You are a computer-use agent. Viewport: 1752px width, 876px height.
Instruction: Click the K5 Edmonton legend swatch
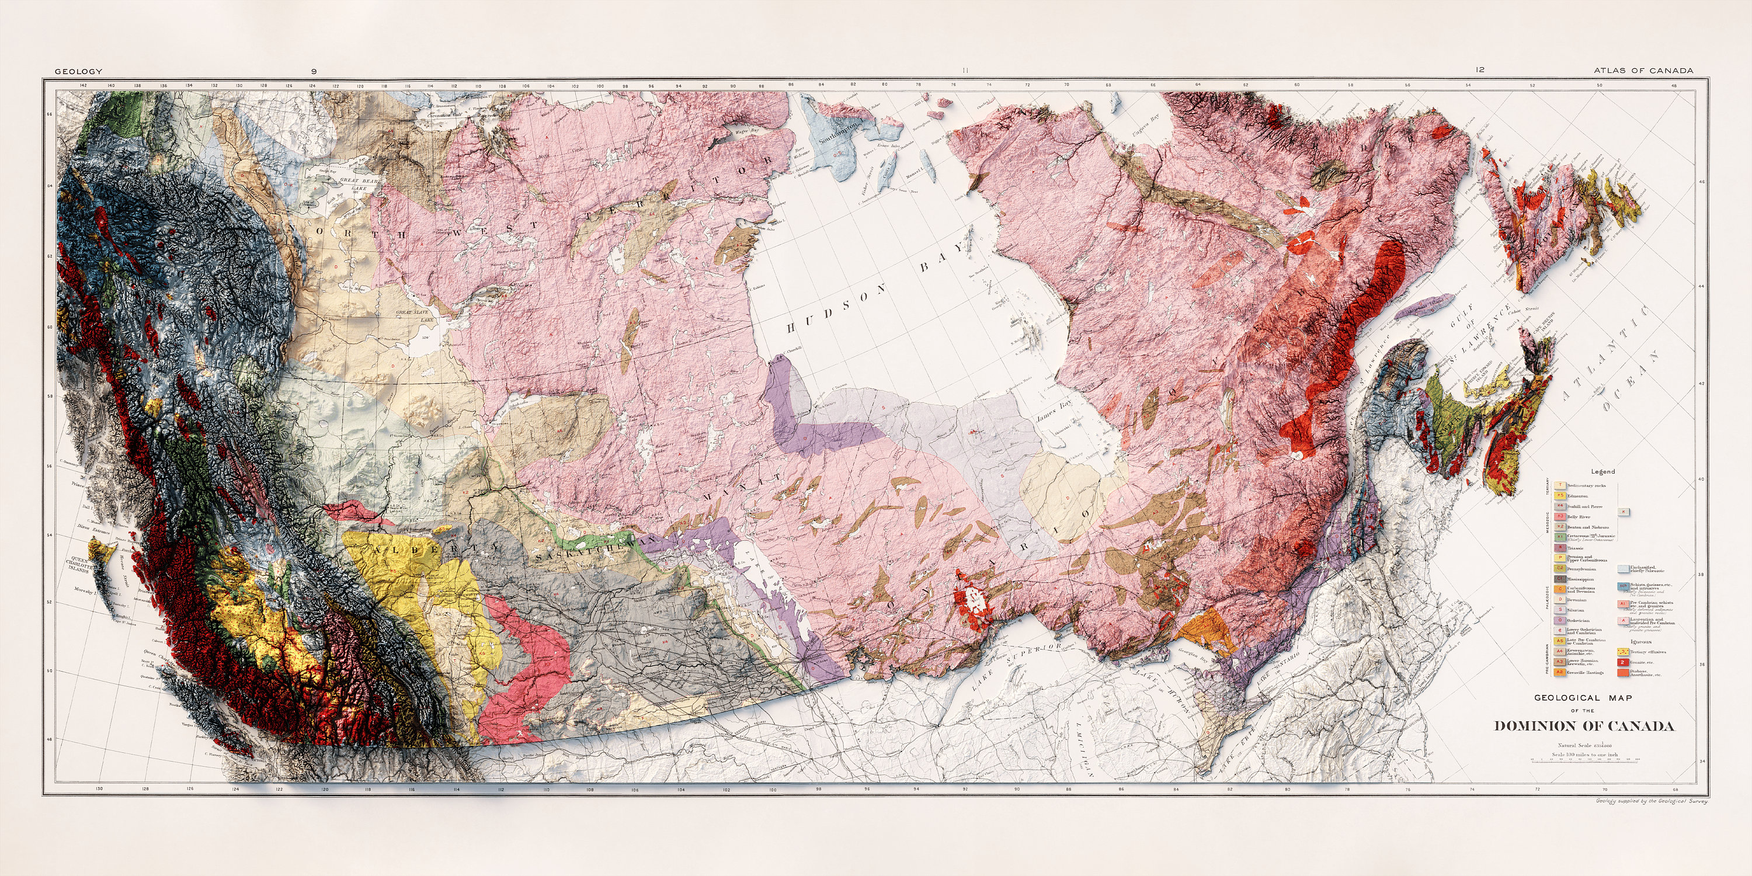point(1555,496)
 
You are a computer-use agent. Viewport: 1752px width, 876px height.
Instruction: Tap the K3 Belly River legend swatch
point(1555,517)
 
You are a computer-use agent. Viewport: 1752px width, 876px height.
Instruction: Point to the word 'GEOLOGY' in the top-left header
point(78,71)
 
